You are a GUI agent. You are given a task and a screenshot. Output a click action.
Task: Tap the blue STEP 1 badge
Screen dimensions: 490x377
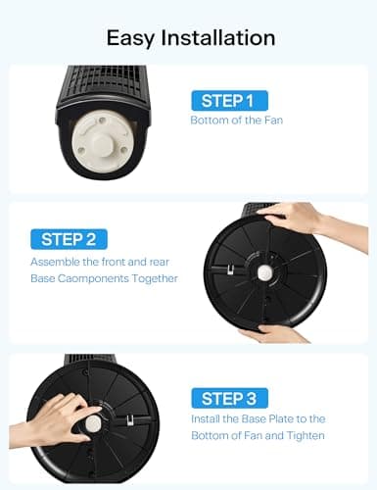coord(227,100)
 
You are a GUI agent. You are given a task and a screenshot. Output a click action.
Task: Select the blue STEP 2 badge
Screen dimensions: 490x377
coord(69,238)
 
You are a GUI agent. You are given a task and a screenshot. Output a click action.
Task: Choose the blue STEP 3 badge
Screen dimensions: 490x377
coord(227,398)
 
